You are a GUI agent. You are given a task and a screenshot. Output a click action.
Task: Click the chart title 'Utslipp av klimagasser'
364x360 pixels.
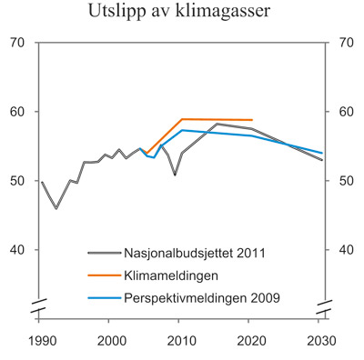180,13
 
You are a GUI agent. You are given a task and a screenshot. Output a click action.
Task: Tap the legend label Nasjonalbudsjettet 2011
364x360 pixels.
191,253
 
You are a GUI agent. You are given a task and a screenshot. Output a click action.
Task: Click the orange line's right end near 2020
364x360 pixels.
252,120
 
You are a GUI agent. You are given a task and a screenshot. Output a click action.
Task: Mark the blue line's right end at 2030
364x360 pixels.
322,153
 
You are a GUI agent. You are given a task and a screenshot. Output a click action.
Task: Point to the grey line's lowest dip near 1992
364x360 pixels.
56,208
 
